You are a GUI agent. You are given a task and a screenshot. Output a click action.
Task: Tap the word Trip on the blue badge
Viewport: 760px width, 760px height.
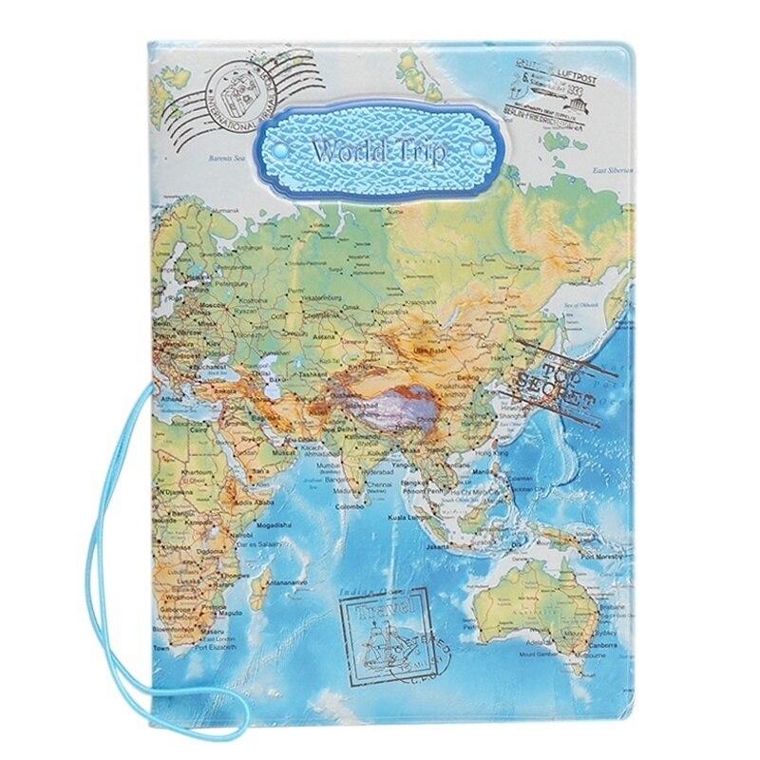422,152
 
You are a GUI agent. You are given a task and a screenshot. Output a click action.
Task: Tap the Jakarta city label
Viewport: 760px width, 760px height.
436,547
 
